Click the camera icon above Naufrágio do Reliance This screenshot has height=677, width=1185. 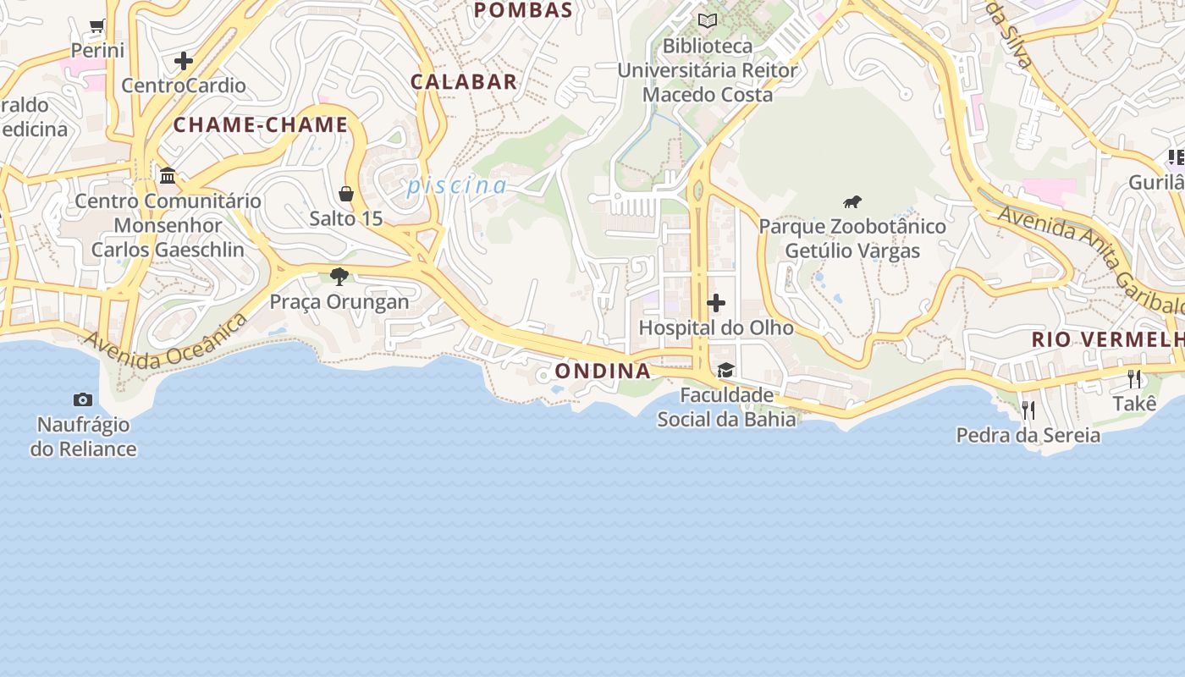tap(83, 399)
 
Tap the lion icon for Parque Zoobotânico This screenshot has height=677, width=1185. tap(852, 201)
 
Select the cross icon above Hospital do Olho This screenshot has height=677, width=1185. tap(716, 303)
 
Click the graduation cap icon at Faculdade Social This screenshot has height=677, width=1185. tap(725, 370)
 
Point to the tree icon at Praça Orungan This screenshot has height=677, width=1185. tap(339, 276)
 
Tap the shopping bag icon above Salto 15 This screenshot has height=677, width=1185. tap(346, 194)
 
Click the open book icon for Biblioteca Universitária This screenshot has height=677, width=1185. tap(708, 20)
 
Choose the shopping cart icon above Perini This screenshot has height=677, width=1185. tap(97, 26)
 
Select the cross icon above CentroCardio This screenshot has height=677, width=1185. tap(184, 61)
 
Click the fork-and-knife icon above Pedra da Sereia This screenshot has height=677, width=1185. tap(1028, 410)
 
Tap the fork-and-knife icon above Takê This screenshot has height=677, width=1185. tap(1134, 378)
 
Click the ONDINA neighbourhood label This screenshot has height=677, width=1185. tap(603, 371)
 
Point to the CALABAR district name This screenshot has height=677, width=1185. tap(464, 81)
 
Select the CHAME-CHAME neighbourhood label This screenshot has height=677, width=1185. tap(261, 125)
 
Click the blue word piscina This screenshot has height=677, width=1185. tap(457, 185)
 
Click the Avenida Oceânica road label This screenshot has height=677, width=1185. tap(166, 341)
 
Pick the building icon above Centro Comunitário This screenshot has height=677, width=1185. tap(168, 176)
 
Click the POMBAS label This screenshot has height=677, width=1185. tap(523, 10)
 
